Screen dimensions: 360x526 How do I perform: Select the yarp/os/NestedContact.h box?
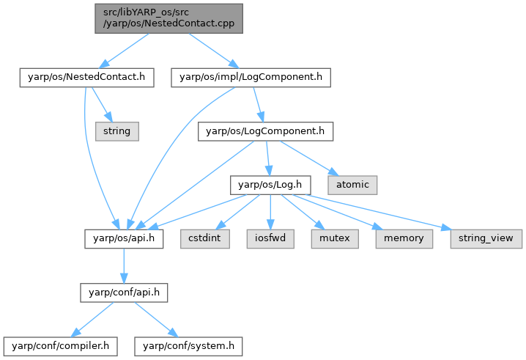[86, 77]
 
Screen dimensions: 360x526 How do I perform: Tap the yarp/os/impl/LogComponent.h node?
[251, 77]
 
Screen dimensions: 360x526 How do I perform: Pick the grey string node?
[116, 131]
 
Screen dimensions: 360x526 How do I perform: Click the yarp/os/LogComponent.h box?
[266, 131]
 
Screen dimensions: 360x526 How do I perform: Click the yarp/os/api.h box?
[122, 238]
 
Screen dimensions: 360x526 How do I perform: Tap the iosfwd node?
[270, 238]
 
